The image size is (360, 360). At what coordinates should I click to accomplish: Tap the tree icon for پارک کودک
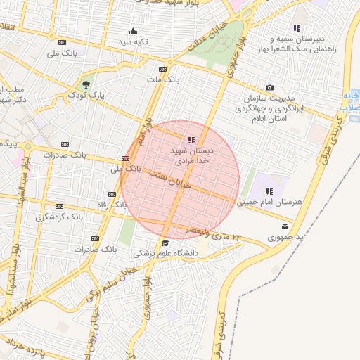pyautogui.click(x=86, y=82)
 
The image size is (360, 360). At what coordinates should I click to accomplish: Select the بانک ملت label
pyautogui.click(x=163, y=79)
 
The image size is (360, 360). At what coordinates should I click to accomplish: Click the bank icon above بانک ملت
pyautogui.click(x=163, y=69)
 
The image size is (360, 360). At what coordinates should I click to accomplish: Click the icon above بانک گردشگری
pyautogui.click(x=59, y=207)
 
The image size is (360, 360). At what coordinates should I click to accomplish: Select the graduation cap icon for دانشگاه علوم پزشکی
pyautogui.click(x=165, y=243)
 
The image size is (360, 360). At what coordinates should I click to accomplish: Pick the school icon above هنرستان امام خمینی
pyautogui.click(x=269, y=191)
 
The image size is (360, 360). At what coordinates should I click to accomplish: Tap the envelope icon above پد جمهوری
pyautogui.click(x=285, y=226)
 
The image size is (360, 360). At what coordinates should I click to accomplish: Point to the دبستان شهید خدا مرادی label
pyautogui.click(x=192, y=155)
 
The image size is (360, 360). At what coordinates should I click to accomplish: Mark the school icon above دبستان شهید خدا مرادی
pyautogui.click(x=192, y=140)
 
